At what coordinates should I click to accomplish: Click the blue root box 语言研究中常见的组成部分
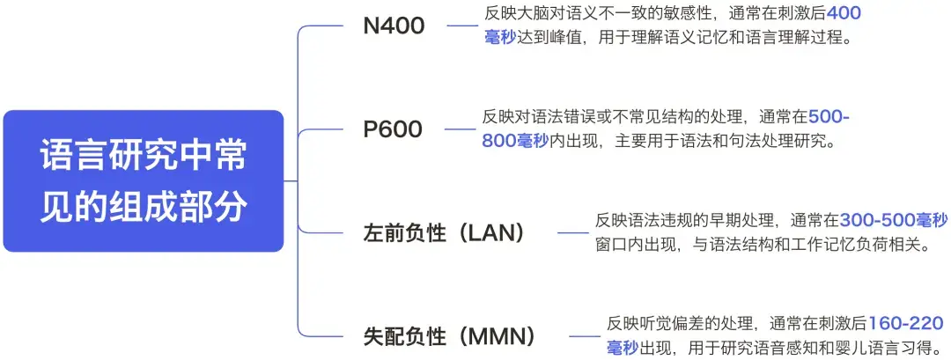point(144,180)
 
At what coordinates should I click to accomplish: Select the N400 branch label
point(394,26)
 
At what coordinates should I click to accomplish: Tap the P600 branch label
point(393,129)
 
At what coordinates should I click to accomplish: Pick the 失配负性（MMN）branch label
point(449,336)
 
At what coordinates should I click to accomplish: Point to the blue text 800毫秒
point(515,141)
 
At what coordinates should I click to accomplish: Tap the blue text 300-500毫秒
point(893,219)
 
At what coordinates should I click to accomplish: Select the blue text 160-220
point(906,324)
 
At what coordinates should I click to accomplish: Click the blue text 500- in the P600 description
point(829,117)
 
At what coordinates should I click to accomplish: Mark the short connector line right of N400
point(461,26)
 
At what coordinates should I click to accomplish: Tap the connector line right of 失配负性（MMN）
point(584,336)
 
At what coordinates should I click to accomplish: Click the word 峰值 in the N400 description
point(567,39)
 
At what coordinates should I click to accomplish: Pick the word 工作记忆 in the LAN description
point(820,244)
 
